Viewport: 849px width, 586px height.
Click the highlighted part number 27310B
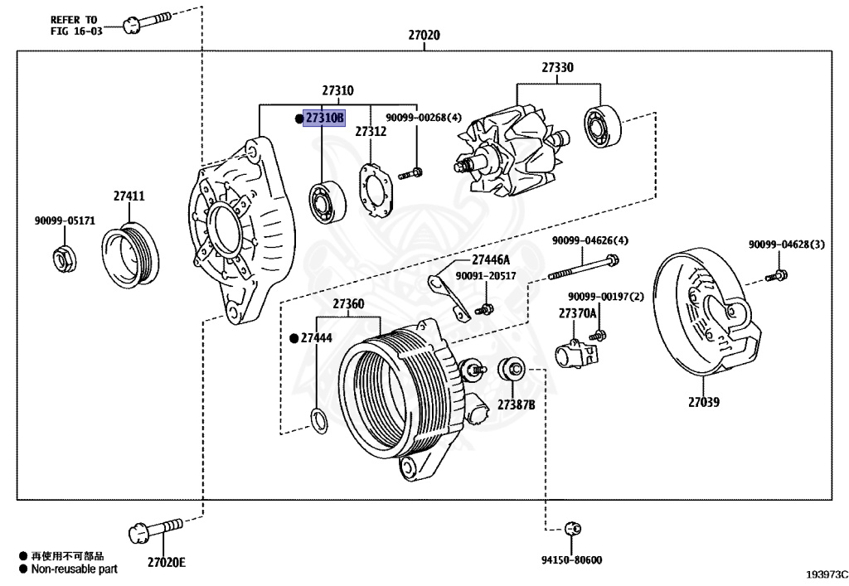(x=323, y=119)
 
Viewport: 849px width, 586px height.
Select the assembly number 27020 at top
(x=424, y=36)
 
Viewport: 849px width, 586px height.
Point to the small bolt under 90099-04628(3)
(x=779, y=274)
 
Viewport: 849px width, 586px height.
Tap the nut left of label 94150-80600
(x=571, y=528)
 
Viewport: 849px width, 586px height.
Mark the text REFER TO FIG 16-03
(x=73, y=25)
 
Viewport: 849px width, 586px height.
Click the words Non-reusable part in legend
(x=75, y=569)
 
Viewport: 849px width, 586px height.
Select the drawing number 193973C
(x=825, y=574)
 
